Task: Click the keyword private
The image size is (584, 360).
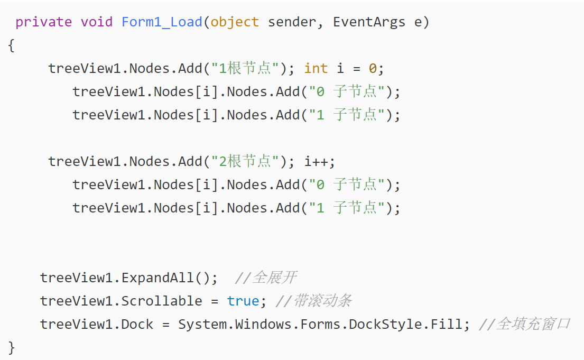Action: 43,22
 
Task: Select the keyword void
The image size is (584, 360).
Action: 96,22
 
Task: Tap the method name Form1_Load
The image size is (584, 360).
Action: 162,22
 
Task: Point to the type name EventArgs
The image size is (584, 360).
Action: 369,22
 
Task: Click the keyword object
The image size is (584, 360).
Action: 235,22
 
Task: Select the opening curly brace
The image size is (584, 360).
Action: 12,45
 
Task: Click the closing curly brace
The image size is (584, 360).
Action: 12,347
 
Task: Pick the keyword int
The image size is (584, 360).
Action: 316,69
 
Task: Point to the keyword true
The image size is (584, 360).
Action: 243,301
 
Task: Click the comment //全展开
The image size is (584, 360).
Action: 265,278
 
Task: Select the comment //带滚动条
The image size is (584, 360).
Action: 313,301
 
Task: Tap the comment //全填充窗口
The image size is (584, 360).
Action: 524,324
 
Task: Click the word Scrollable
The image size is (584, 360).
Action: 162,301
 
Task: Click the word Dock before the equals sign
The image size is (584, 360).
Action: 137,324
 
